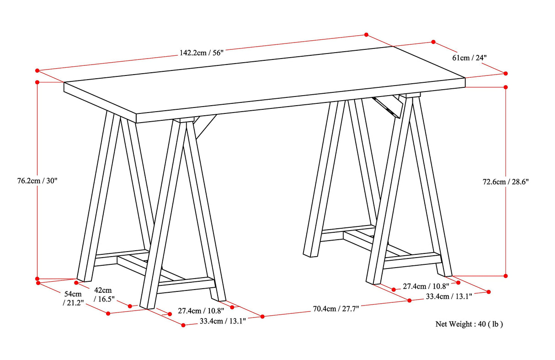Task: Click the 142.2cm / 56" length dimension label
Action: click(201, 53)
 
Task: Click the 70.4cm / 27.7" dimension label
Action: click(336, 309)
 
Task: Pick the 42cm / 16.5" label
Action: click(103, 294)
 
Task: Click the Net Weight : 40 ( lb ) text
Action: click(469, 324)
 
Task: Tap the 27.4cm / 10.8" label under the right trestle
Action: click(425, 286)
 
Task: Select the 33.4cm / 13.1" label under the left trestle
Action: click(223, 321)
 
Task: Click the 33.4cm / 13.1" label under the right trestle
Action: click(449, 296)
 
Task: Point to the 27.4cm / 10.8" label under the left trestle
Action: click(201, 311)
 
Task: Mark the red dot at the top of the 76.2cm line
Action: click(37, 82)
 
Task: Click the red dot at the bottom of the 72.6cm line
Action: click(506, 276)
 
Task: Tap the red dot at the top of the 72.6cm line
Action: click(506, 86)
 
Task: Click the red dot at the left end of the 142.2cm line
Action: click(37, 70)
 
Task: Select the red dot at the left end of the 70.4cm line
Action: click(262, 317)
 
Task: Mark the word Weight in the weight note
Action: click(462, 324)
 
